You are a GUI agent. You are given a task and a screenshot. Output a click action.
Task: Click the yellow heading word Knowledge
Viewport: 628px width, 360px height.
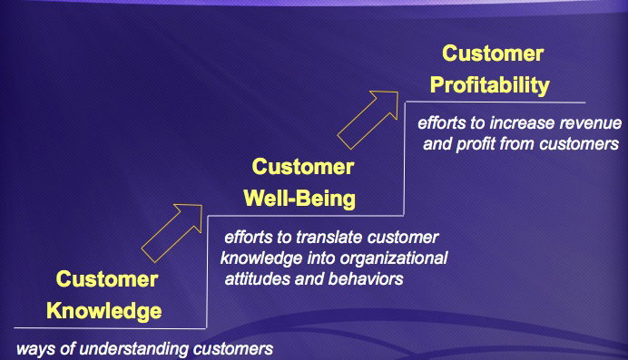pos(104,312)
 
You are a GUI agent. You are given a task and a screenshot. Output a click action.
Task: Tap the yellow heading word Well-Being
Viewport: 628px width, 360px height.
pos(299,199)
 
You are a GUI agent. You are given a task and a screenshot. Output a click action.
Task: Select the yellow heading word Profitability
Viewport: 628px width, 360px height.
pos(490,85)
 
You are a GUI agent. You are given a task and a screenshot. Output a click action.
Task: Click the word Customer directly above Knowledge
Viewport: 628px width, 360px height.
pos(107,278)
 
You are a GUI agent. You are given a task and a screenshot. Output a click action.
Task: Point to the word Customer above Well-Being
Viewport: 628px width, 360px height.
pos(303,167)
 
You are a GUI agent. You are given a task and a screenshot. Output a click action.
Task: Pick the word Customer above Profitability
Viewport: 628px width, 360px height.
pos(493,54)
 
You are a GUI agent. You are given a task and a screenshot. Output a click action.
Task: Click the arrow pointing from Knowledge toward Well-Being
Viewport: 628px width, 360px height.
pos(172,233)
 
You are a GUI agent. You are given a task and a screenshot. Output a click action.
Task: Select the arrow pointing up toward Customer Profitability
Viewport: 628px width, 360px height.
pos(368,120)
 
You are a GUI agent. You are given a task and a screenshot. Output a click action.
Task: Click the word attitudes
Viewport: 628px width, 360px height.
pos(257,279)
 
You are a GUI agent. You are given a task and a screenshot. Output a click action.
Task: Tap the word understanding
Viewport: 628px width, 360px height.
pos(134,349)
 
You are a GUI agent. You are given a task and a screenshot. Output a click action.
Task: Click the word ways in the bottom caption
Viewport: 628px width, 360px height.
pos(35,350)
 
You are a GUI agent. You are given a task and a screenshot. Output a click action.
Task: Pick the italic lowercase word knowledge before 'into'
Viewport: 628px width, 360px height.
pos(261,258)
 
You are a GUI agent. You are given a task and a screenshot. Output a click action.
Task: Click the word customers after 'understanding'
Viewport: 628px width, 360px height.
pos(233,349)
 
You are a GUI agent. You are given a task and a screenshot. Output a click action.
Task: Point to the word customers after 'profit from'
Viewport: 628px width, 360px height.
pos(579,144)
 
